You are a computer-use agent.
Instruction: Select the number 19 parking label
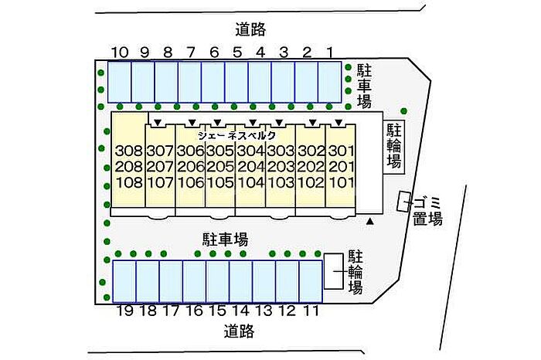[x=125, y=311]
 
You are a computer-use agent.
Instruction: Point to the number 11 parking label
[x=311, y=311]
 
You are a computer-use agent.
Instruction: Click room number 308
[x=129, y=151]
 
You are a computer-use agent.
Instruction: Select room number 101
[x=342, y=182]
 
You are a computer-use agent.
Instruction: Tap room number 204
[x=251, y=167]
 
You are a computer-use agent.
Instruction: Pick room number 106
[x=190, y=182]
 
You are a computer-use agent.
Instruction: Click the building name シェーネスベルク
[x=237, y=135]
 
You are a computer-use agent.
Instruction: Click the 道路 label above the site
[x=251, y=29]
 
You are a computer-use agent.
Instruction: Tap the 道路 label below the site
[x=239, y=331]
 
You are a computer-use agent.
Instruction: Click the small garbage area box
[x=403, y=202]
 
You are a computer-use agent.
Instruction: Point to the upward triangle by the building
[x=370, y=222]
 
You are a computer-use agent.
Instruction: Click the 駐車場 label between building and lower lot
[x=225, y=239]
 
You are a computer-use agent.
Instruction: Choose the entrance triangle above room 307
[x=158, y=122]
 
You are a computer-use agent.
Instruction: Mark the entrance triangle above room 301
[x=339, y=122]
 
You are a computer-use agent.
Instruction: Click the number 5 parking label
[x=237, y=53]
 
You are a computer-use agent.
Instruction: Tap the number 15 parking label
[x=217, y=311]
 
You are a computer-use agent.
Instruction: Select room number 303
[x=281, y=151]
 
